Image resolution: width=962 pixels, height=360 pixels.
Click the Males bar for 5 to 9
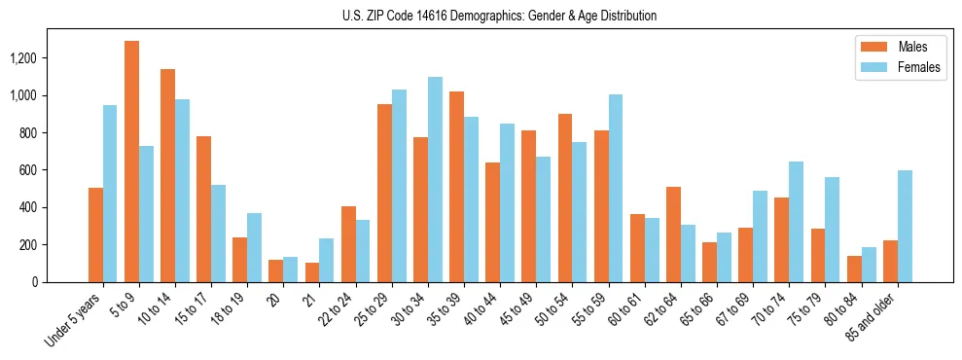click(131, 162)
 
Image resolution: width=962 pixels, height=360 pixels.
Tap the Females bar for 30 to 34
click(435, 179)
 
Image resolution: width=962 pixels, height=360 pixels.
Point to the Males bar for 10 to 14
click(167, 175)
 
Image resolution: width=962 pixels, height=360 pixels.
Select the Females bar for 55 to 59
click(616, 188)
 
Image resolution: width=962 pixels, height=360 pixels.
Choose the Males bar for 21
click(312, 272)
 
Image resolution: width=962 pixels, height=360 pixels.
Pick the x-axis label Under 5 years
click(74, 320)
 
